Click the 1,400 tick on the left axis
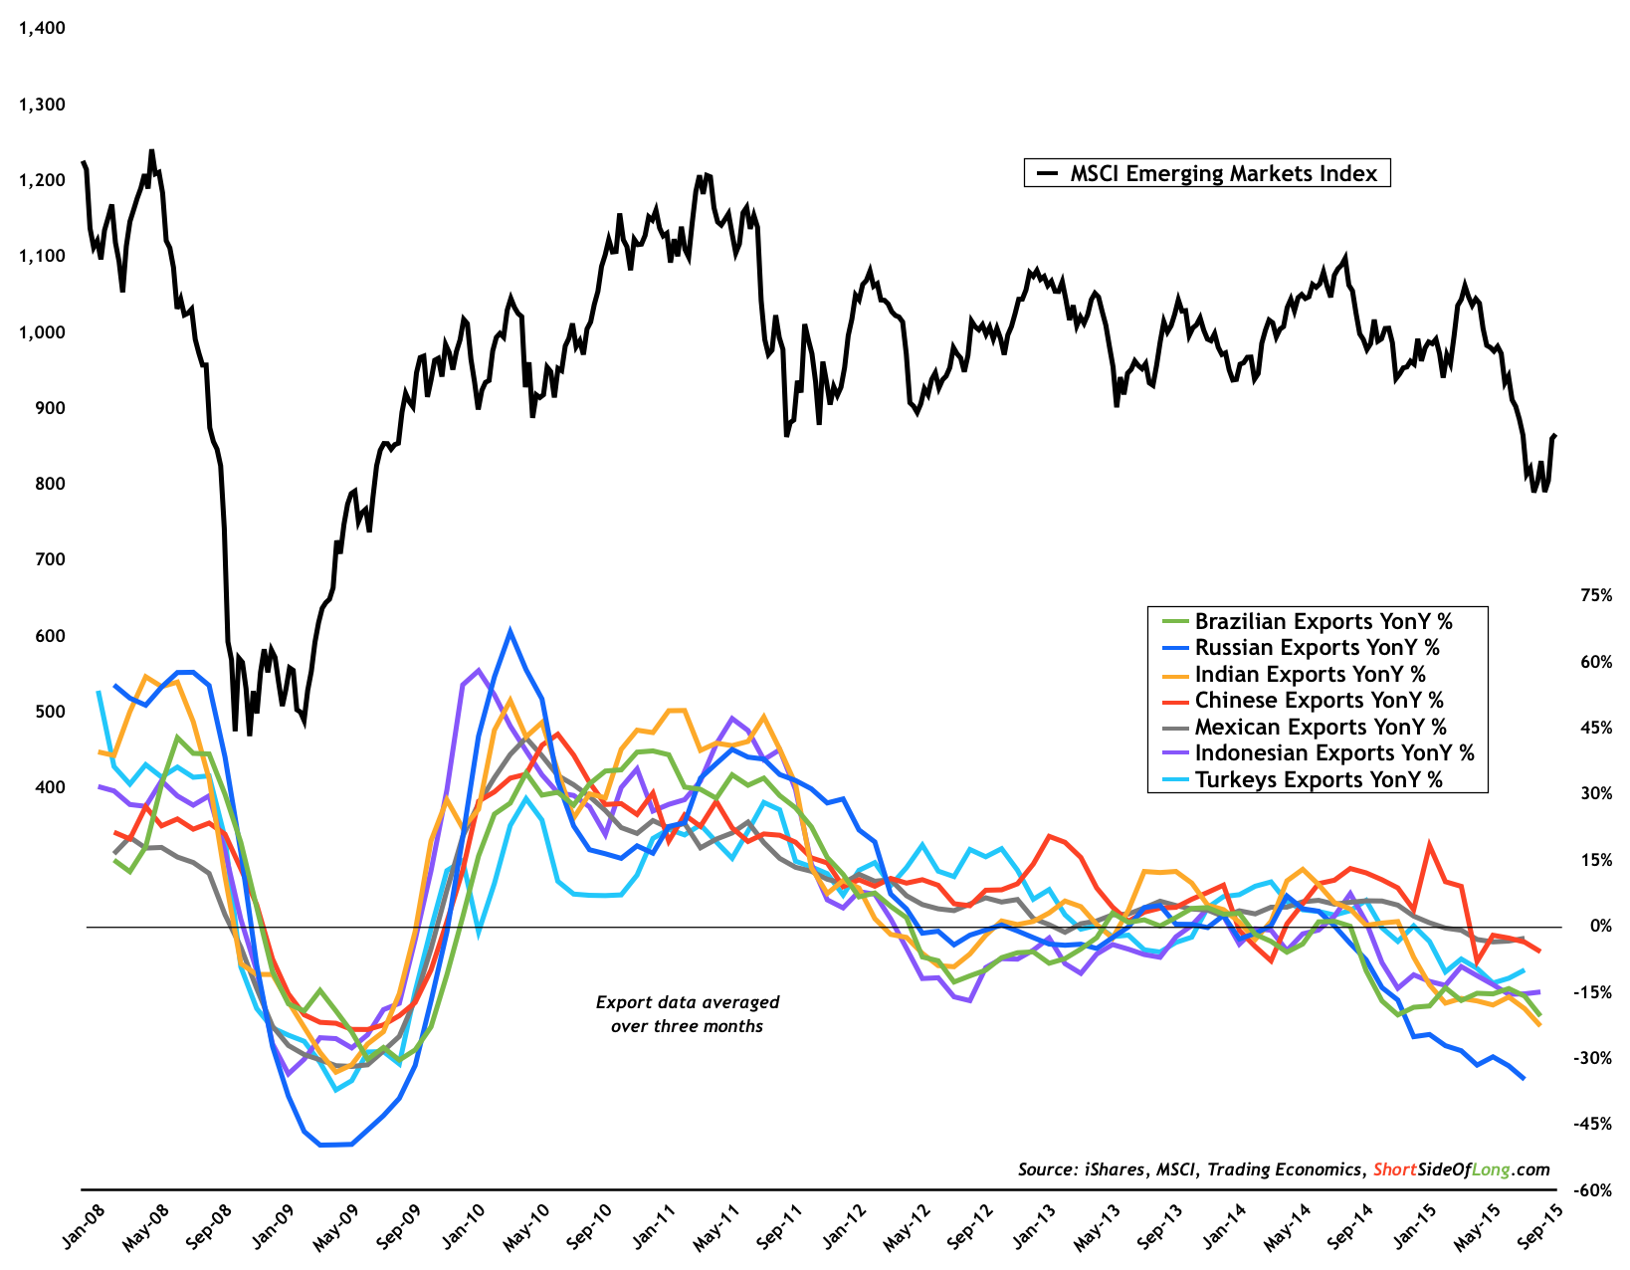point(42,28)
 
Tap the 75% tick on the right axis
point(1596,595)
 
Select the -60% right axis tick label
point(1593,1190)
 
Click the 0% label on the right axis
point(1600,927)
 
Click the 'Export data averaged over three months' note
point(688,1014)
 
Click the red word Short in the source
point(1394,1169)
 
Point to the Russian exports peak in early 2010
point(510,631)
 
